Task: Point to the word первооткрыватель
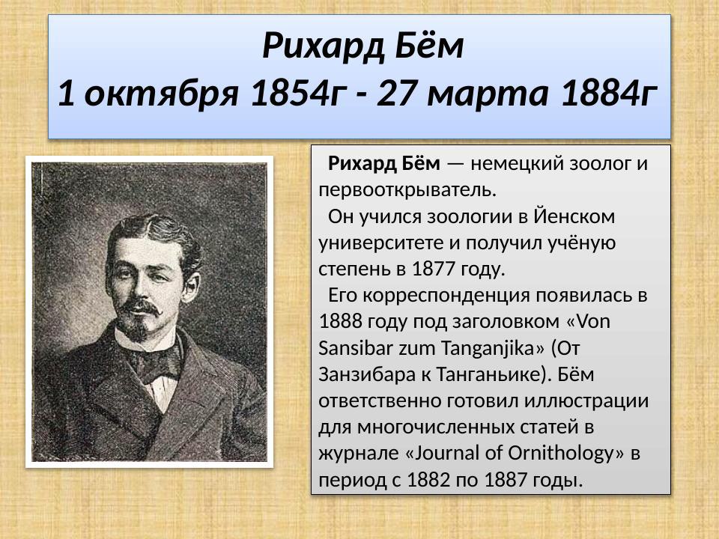pos(407,189)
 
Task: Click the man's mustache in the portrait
pos(140,306)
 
